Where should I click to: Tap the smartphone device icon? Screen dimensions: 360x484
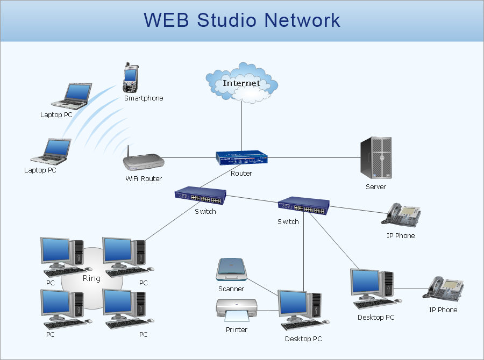click(x=130, y=78)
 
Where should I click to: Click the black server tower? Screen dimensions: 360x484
click(x=376, y=158)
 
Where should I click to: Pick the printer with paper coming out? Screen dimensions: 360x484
click(x=236, y=311)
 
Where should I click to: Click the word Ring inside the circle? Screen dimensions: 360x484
click(x=91, y=278)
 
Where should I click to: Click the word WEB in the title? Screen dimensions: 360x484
click(x=167, y=20)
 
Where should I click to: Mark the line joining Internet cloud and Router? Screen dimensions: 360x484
click(x=241, y=124)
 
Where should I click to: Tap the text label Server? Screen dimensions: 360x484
click(x=376, y=186)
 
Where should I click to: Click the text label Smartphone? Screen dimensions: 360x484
click(x=144, y=98)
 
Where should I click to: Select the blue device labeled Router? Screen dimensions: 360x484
click(x=241, y=158)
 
